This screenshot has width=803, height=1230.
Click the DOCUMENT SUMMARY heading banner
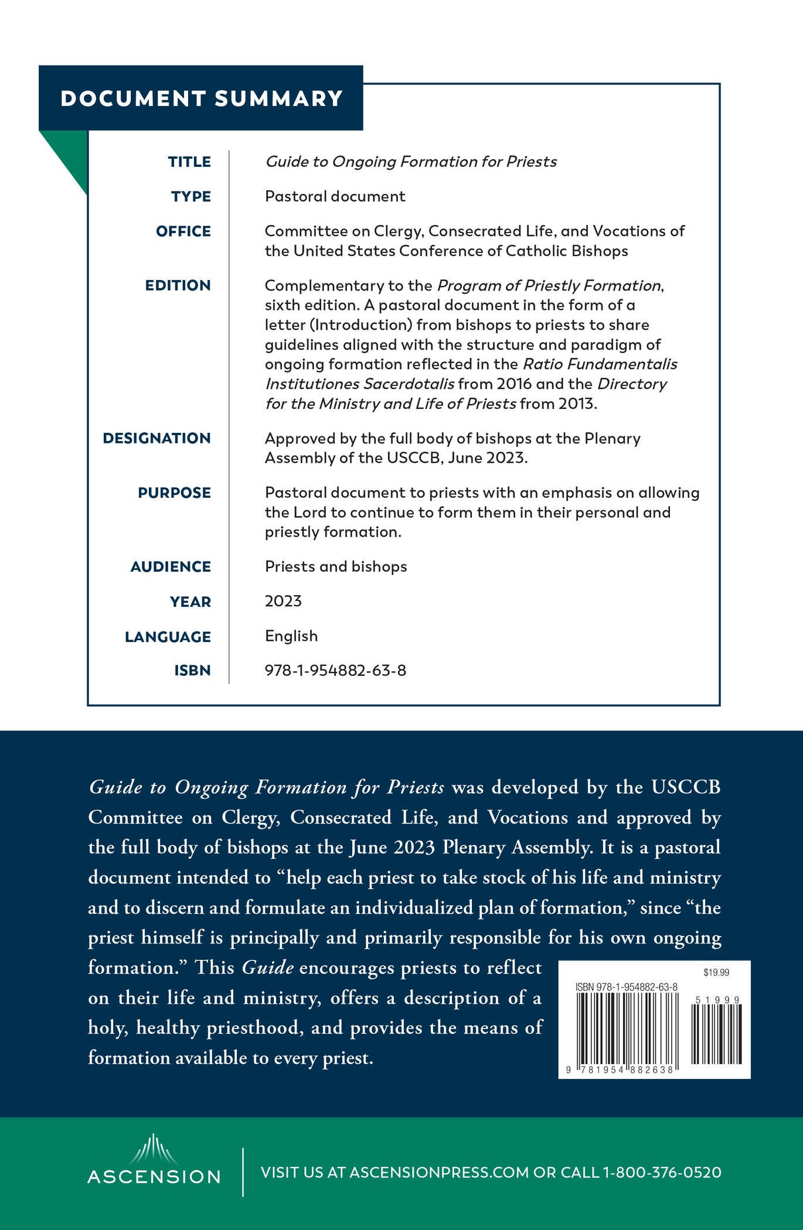(201, 98)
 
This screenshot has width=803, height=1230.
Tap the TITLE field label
(189, 162)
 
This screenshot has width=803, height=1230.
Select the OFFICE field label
(183, 231)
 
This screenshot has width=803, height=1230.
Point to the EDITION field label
(178, 285)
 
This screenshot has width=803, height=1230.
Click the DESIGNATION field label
(156, 438)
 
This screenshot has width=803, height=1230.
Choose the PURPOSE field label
(174, 493)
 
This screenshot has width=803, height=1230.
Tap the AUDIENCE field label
(171, 566)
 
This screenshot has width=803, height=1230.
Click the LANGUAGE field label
(168, 637)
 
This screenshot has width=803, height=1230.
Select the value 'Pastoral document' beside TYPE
(335, 196)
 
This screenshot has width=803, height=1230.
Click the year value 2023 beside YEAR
(283, 601)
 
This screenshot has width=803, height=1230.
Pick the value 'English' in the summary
(291, 636)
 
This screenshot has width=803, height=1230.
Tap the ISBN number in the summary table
(335, 670)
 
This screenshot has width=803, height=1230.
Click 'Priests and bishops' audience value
(336, 566)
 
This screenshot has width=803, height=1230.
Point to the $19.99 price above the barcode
(716, 973)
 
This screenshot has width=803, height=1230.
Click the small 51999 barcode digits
(717, 1000)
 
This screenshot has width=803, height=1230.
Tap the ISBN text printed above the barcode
(627, 987)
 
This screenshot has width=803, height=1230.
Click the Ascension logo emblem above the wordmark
(154, 1149)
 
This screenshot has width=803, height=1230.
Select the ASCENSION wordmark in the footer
(154, 1177)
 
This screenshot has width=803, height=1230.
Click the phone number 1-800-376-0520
(662, 1173)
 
